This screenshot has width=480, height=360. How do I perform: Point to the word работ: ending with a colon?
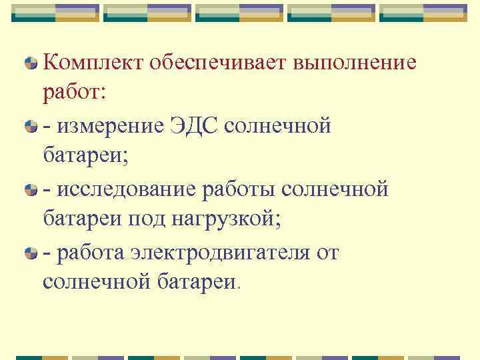click(x=74, y=93)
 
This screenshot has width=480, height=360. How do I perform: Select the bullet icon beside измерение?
click(x=30, y=125)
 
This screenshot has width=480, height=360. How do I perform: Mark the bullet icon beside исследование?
click(x=30, y=189)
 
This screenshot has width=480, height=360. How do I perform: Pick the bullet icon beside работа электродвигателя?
click(x=30, y=252)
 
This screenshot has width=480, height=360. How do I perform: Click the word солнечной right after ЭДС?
click(x=287, y=125)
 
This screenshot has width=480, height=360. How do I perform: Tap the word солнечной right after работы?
click(x=335, y=189)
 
